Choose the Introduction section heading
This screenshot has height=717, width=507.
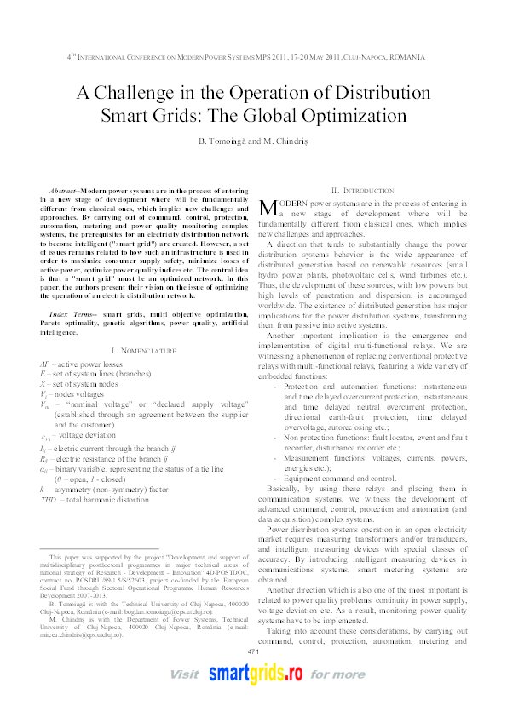[x=368, y=191]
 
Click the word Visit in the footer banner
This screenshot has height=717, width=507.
[x=185, y=697]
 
